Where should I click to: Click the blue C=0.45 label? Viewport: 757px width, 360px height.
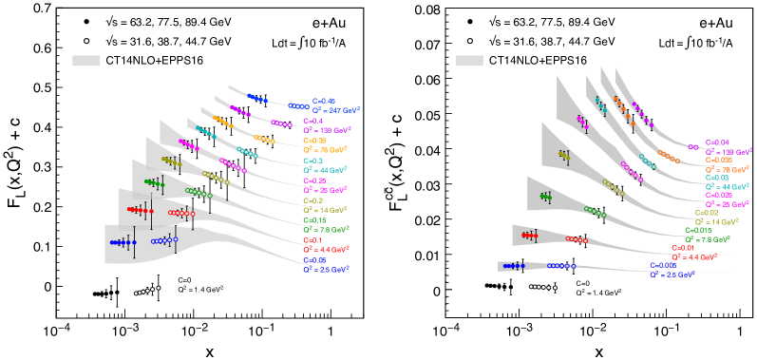pos(324,101)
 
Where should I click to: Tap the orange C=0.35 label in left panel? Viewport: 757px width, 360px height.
pos(314,141)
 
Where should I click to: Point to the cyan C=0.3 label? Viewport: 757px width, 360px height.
pos(312,161)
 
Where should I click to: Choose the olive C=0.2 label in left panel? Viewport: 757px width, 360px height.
pos(312,200)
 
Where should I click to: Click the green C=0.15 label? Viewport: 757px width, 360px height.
pos(313,220)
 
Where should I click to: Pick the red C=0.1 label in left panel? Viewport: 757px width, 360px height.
pos(312,240)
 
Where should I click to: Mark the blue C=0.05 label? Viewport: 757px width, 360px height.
pos(314,260)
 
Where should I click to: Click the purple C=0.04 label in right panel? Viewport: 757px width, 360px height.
pos(717,142)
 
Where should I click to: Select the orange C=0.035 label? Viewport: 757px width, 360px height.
pos(719,161)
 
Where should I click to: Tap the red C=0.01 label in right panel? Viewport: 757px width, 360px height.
pos(682,248)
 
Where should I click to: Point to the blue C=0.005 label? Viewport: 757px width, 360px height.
pos(662,265)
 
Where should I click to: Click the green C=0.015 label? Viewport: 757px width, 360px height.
pos(698,230)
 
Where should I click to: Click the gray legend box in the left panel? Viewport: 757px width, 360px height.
pos(86,61)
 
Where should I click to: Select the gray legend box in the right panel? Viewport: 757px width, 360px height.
pos(469,61)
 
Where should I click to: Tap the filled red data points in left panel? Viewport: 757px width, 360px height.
pos(140,209)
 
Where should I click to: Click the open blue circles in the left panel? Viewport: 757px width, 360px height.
pos(164,240)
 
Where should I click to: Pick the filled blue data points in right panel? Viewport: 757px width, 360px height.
pos(514,266)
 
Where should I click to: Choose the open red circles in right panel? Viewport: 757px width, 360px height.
pos(577,239)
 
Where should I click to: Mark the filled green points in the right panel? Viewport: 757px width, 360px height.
pos(546,197)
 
